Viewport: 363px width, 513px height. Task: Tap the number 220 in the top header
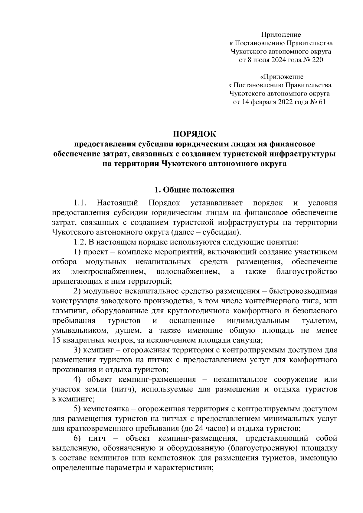(317, 60)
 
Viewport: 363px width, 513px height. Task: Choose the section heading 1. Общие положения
(195, 190)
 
